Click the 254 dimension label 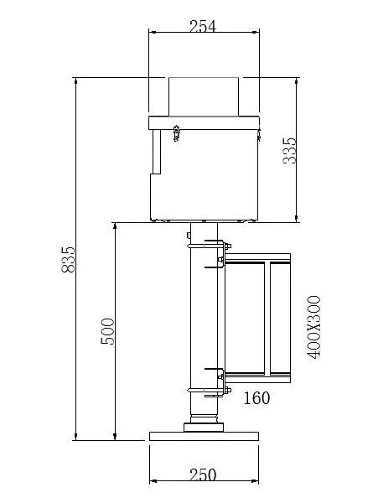pos(203,26)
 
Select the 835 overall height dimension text pos(68,259)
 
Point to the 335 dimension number pos(289,151)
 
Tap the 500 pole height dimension pos(107,331)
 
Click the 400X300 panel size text pos(313,327)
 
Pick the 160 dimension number pos(256,398)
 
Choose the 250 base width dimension pos(203,474)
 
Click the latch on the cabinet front pos(176,132)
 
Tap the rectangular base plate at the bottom pos(204,436)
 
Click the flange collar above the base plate pos(204,427)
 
